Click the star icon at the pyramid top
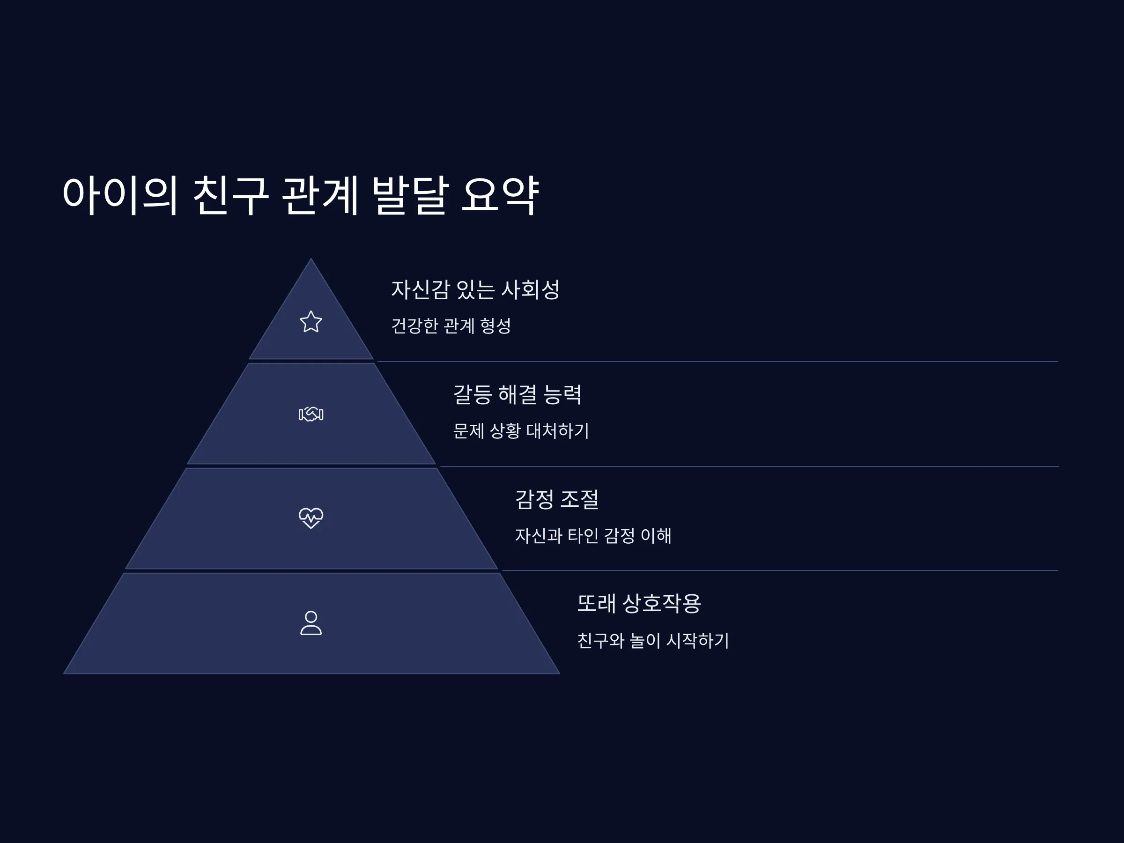(x=311, y=322)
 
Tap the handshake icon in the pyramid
(x=311, y=414)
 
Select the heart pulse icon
(x=311, y=518)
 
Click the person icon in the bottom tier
(x=311, y=623)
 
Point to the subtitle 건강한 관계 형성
(x=451, y=325)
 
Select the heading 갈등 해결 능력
(x=518, y=394)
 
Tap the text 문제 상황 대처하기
(x=521, y=431)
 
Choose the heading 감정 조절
(x=557, y=499)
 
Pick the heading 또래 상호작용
(x=639, y=604)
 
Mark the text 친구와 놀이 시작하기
(x=653, y=640)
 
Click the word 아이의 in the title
(x=120, y=195)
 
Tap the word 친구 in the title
(x=231, y=195)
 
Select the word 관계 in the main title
(x=321, y=195)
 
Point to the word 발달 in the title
(x=411, y=195)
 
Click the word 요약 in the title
(x=500, y=195)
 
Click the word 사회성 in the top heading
(x=531, y=289)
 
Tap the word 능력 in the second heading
(x=562, y=394)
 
